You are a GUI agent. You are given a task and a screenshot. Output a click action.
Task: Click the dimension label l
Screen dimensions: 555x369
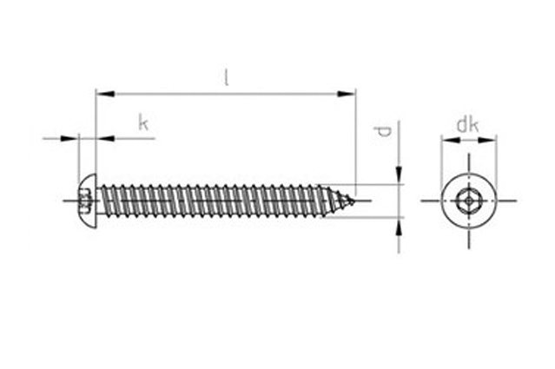coord(227,77)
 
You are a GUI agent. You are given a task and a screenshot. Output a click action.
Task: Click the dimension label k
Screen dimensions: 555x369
coord(143,123)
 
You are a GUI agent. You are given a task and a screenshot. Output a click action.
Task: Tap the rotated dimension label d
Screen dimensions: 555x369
coord(384,131)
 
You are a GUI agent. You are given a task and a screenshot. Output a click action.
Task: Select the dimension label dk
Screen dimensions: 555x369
coord(468,125)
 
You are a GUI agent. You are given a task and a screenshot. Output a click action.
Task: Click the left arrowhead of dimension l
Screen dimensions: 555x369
coord(105,94)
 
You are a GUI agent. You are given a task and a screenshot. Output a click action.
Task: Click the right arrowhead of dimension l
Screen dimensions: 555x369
coord(346,94)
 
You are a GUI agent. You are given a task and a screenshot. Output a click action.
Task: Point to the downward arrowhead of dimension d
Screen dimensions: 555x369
coord(399,175)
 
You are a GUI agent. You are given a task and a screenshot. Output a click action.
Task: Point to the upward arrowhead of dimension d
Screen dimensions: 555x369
coord(399,227)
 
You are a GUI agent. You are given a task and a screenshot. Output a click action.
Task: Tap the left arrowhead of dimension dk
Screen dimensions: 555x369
coord(451,140)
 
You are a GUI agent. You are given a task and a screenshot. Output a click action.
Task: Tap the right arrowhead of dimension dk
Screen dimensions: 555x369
coord(487,140)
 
